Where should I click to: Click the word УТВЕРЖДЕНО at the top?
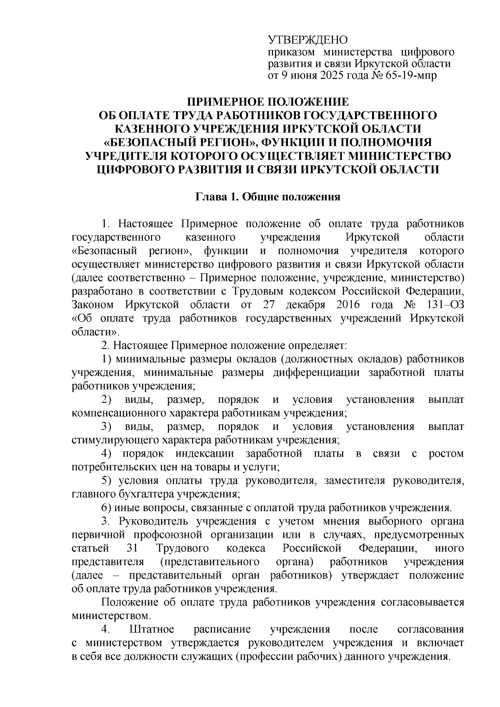(307, 40)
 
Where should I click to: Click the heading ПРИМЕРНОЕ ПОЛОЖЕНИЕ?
(267, 102)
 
